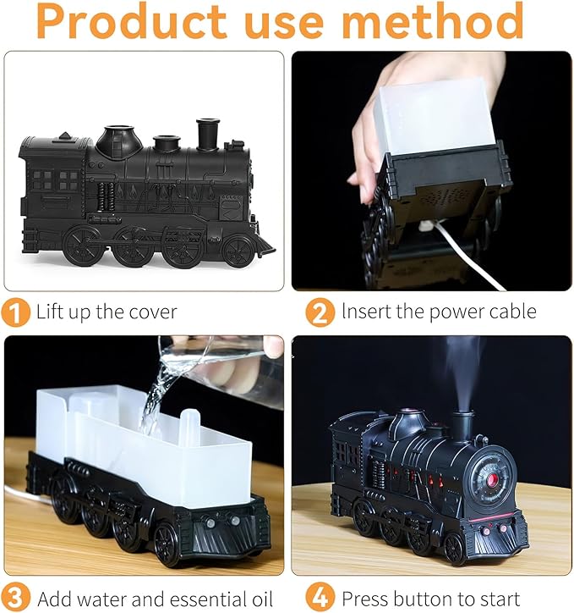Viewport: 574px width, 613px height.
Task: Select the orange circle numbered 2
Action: [319, 312]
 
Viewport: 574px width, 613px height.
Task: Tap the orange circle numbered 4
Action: [319, 598]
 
